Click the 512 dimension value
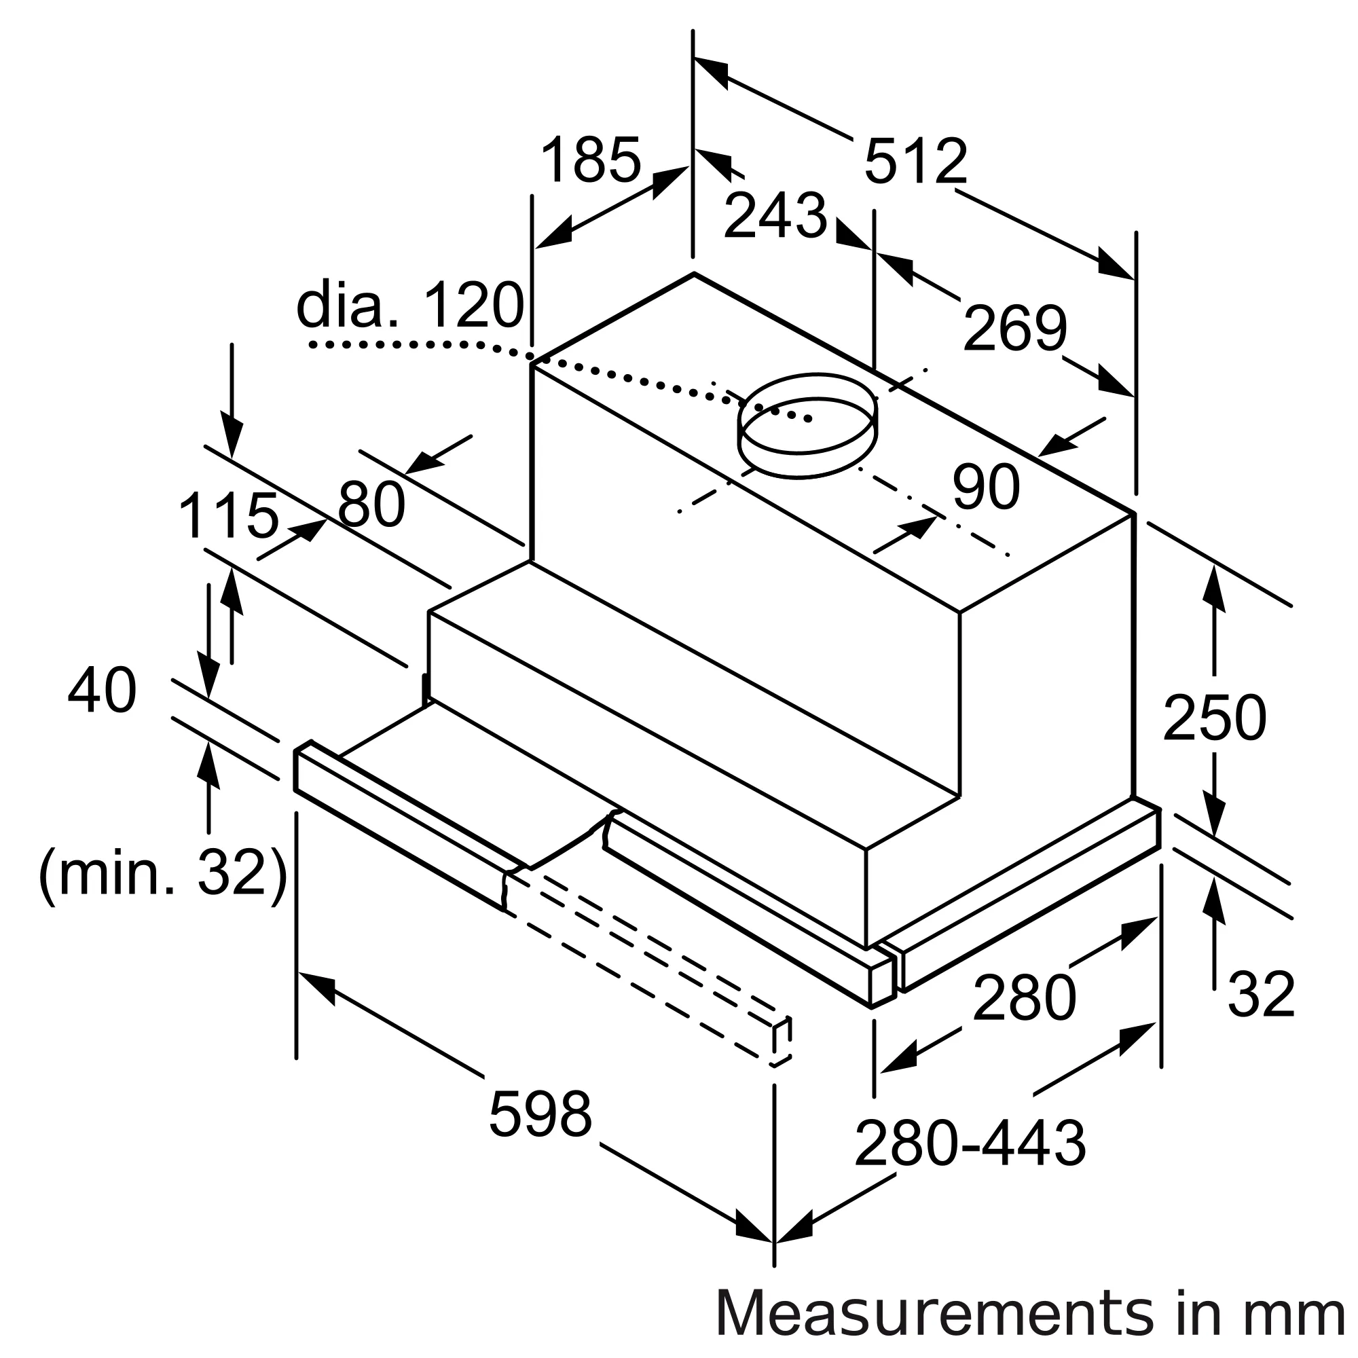915,162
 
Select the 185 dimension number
591,160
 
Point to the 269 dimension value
1014,328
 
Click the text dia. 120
411,305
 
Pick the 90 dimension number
985,487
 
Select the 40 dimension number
102,691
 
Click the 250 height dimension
1214,718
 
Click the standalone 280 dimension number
1024,997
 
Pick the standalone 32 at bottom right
1261,995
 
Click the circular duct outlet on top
807,425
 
